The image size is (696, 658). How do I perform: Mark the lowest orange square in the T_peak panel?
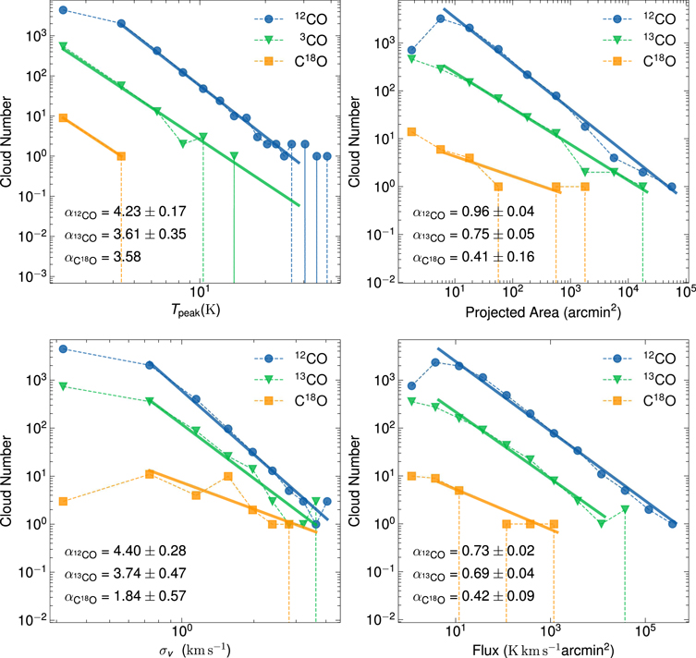[121, 156]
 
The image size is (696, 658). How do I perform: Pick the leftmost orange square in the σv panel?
[63, 501]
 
